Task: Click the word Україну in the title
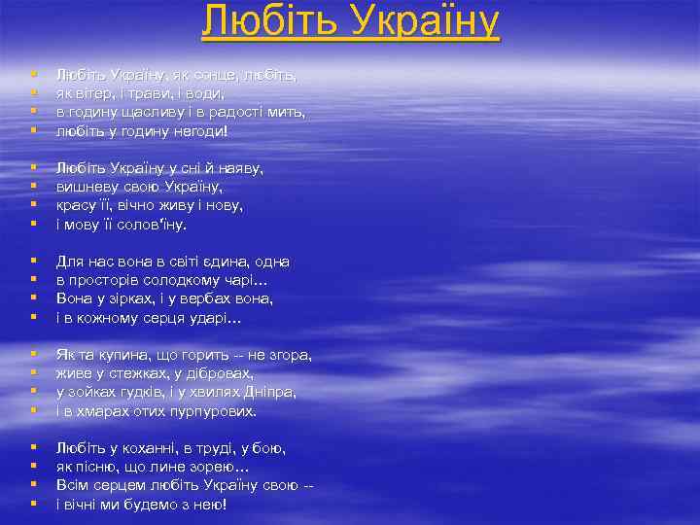coord(414,21)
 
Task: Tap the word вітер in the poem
coord(102,93)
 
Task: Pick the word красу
coord(78,205)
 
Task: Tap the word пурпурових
coord(209,411)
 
